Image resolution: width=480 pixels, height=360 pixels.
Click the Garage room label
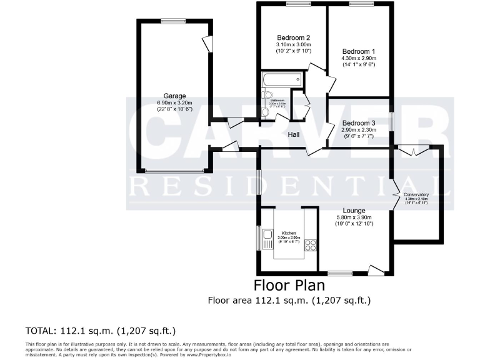tap(174, 96)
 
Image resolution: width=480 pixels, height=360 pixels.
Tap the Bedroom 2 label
tap(294, 37)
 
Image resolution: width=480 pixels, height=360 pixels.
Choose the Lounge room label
tap(354, 211)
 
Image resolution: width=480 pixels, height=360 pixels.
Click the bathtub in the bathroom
tap(283, 80)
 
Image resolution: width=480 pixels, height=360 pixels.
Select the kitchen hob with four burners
tap(310, 245)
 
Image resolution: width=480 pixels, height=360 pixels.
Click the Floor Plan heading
tap(289, 286)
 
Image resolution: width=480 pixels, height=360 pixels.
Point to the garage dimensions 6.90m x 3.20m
tap(174, 103)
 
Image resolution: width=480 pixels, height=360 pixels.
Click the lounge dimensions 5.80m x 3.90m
tap(354, 217)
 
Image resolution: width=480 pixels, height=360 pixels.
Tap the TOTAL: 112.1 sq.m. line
tap(101, 330)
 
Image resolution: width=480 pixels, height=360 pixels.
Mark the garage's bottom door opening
tap(174, 171)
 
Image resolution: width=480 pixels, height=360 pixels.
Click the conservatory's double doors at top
tap(412, 150)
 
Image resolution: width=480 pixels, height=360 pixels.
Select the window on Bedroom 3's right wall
tap(391, 121)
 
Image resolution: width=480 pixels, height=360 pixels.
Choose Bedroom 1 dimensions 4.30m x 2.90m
tap(359, 58)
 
